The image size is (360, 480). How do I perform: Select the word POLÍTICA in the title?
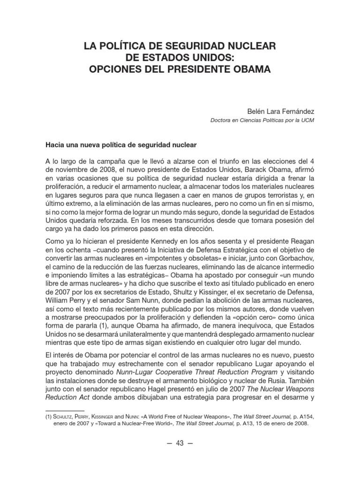coord(123,46)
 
